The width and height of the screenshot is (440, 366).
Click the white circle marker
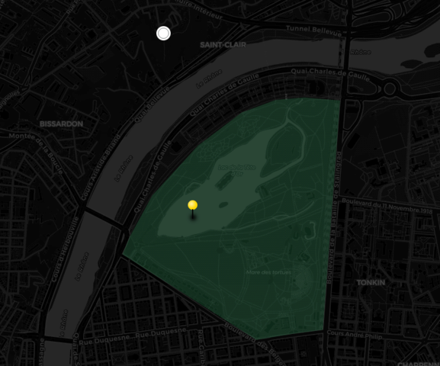[163, 33]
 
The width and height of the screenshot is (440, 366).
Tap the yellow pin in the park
[193, 205]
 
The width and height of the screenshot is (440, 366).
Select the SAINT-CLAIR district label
[222, 45]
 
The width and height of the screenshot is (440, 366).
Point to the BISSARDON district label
[61, 124]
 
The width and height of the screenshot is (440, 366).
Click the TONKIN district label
[371, 282]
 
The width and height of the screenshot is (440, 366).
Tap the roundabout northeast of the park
[390, 88]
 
